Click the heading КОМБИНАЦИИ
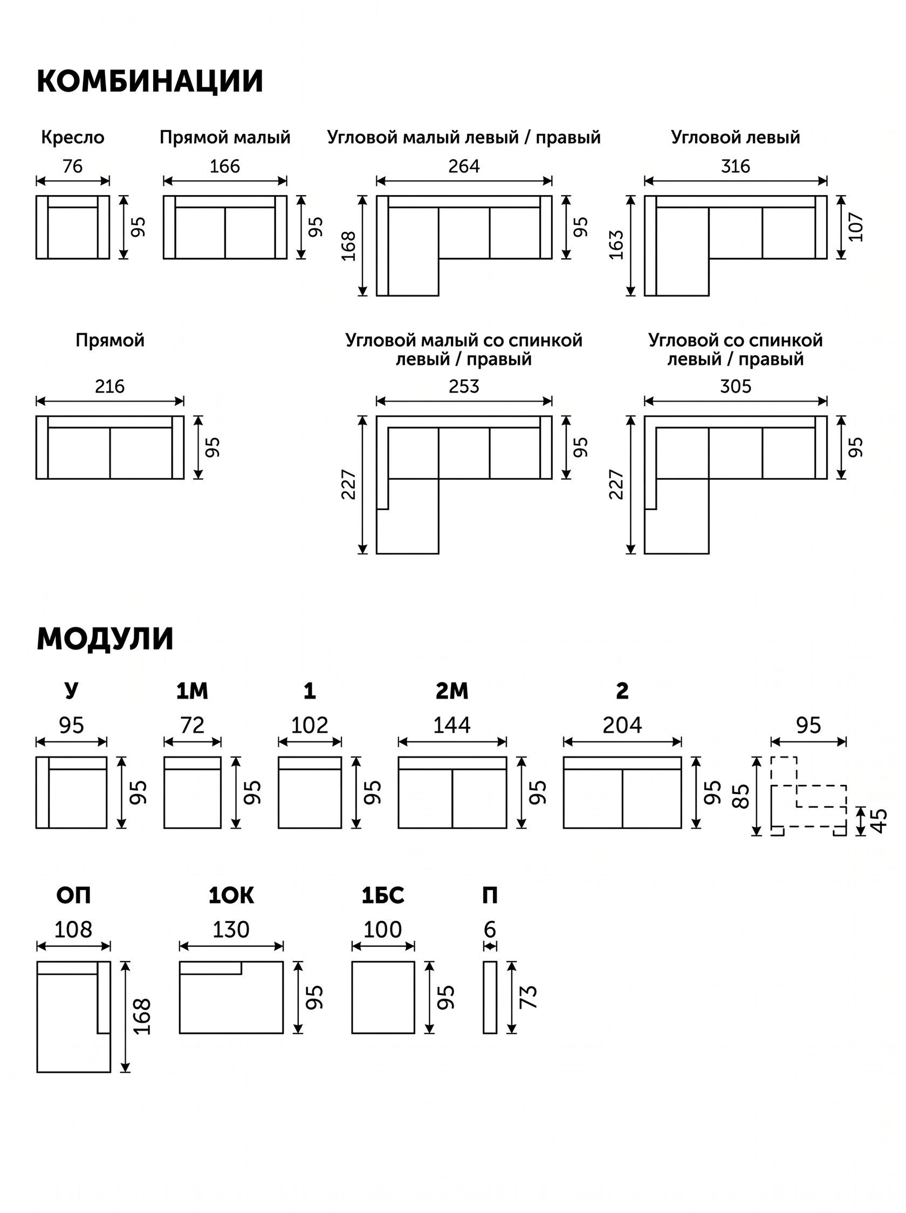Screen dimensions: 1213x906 (150, 81)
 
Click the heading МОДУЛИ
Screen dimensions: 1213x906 (105, 639)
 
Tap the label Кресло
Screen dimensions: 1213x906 (72, 137)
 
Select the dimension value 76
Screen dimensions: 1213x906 (72, 166)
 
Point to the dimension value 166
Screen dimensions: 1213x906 (225, 166)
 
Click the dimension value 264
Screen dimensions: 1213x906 (464, 166)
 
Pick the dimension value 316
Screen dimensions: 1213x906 (736, 166)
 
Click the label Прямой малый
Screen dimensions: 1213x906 (225, 137)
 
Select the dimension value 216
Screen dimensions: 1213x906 (109, 387)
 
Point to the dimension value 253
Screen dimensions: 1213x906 (464, 387)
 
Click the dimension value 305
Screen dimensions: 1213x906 (736, 387)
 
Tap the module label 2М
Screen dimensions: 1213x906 (452, 692)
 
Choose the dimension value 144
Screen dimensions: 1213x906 (452, 726)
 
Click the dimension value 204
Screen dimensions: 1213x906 (622, 726)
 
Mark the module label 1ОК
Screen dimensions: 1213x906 (231, 895)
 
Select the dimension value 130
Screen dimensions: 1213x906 (231, 929)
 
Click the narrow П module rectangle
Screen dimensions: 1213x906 (490, 997)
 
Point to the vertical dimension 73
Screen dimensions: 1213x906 (528, 997)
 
